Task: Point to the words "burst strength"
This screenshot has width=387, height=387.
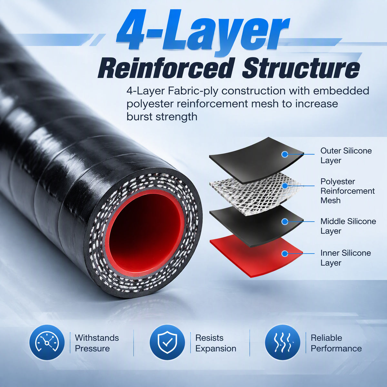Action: pos(162,117)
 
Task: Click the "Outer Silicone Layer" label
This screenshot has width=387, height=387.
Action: pos(346,156)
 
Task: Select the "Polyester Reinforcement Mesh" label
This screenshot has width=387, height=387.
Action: pos(347,191)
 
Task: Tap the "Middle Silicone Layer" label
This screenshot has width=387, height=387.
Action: pos(348,226)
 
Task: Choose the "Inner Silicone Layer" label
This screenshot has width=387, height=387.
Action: pos(345,258)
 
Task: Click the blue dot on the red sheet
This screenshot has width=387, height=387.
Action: pos(284,254)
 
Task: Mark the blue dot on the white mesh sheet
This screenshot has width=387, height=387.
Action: pos(284,186)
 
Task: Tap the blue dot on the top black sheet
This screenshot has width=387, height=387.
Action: pos(284,154)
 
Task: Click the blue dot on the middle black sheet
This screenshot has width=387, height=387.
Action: pos(284,222)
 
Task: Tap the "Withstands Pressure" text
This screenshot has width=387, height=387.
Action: pos(97,343)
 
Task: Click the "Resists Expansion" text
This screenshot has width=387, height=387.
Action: pos(216,343)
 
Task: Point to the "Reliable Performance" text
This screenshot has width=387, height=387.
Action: pos(336,343)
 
